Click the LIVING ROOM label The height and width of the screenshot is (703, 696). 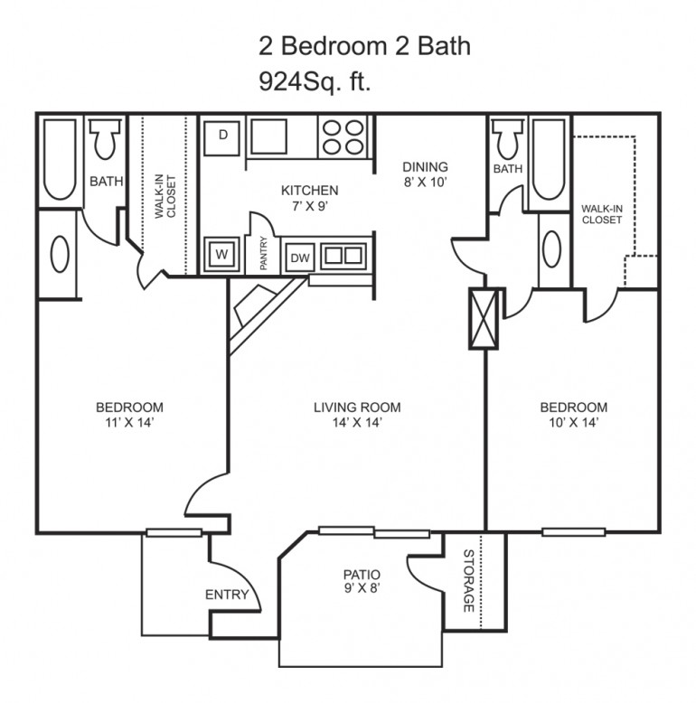pyautogui.click(x=357, y=408)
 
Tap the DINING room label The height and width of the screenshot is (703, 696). pyautogui.click(x=426, y=167)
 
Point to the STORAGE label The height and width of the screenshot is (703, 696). pyautogui.click(x=469, y=581)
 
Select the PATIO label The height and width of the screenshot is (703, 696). pyautogui.click(x=361, y=575)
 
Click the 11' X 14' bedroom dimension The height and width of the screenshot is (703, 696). pyautogui.click(x=129, y=422)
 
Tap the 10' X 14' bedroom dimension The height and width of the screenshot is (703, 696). pyautogui.click(x=573, y=422)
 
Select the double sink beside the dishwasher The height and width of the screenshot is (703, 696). pyautogui.click(x=341, y=255)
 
